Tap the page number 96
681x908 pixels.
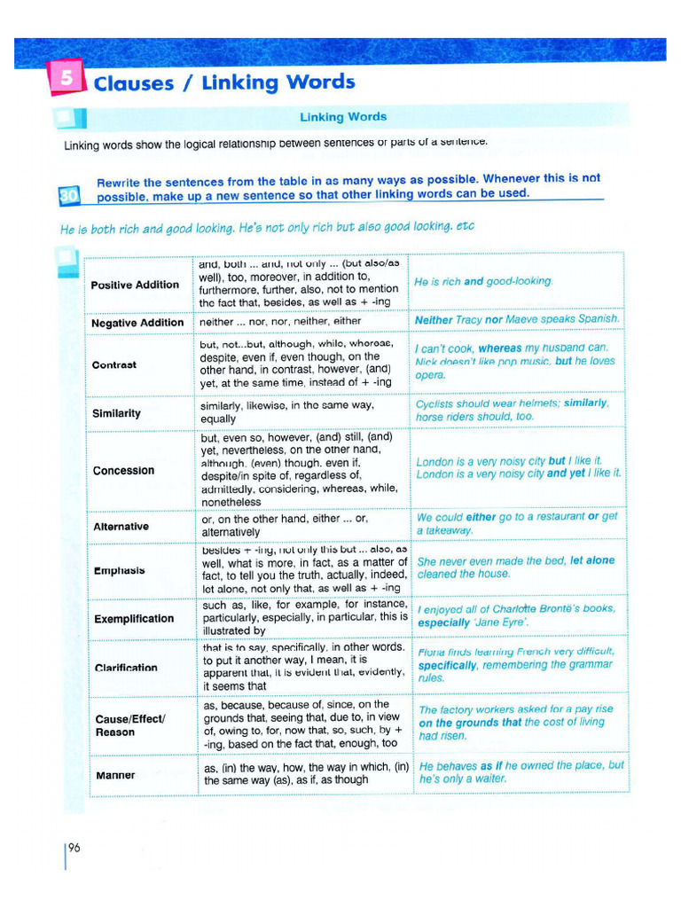(x=74, y=848)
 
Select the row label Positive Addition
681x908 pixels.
(x=135, y=285)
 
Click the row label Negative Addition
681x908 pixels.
(x=137, y=323)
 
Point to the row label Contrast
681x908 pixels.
(x=114, y=365)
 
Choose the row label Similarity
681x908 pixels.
(x=116, y=413)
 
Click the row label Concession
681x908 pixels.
(x=123, y=470)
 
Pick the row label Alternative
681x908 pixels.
(x=121, y=527)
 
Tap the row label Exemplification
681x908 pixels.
(x=134, y=618)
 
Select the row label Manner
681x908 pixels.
(x=115, y=775)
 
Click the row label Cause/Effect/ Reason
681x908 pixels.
(x=129, y=725)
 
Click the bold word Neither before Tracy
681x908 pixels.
(x=434, y=319)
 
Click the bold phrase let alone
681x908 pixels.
(x=592, y=561)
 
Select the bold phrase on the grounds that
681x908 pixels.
(x=470, y=723)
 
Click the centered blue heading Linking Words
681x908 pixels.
(x=343, y=117)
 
